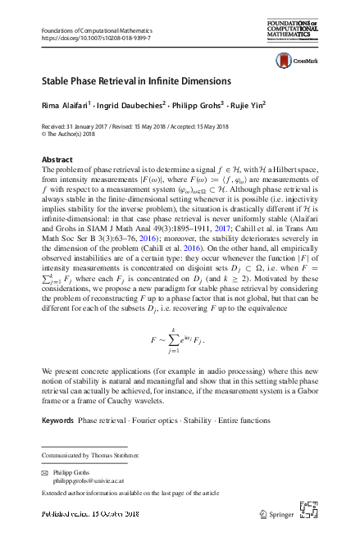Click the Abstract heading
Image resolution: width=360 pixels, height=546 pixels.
click(x=57, y=157)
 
